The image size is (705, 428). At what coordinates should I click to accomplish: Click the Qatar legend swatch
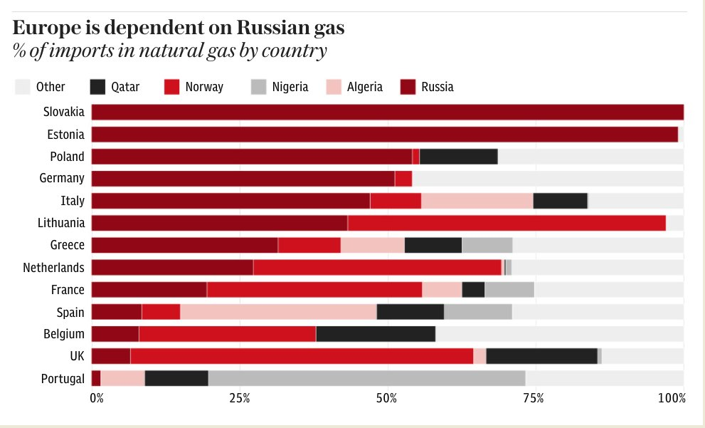tap(98, 87)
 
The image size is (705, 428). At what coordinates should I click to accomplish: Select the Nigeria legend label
tap(290, 87)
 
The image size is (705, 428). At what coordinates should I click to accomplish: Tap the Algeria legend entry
tap(364, 87)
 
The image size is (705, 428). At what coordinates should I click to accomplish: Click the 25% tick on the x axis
tap(240, 397)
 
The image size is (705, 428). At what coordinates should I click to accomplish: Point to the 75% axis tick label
tap(534, 397)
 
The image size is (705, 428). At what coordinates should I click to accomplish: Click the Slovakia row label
tap(63, 112)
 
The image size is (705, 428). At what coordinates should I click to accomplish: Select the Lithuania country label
tap(60, 223)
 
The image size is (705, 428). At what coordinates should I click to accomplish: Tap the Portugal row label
tap(63, 378)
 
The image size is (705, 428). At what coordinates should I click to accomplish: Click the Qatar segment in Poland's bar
tap(458, 157)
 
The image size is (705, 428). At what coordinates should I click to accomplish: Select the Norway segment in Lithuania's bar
tap(507, 223)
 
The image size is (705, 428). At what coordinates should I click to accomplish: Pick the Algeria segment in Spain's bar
tap(278, 312)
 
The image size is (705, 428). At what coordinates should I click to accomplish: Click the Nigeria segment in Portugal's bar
tap(366, 378)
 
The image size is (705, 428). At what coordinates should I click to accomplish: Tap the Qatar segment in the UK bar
tap(541, 356)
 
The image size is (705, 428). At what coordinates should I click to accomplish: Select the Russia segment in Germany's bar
tap(243, 179)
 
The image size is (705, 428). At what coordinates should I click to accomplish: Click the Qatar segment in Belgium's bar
tap(375, 334)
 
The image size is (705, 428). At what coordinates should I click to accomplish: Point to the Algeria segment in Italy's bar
tap(477, 201)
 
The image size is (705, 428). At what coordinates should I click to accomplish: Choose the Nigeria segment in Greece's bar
tap(487, 245)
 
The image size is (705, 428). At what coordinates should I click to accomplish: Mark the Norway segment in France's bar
tap(314, 290)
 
